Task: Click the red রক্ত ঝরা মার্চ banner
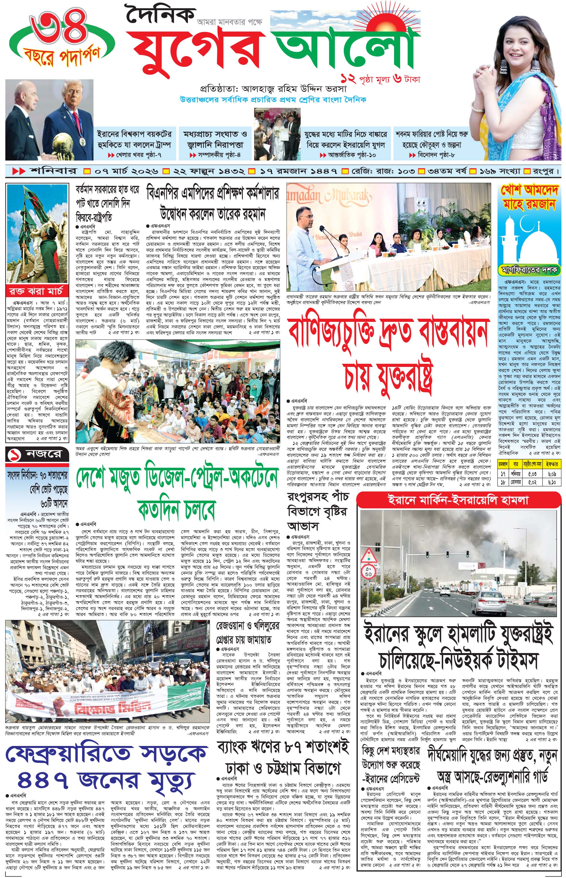pyautogui.click(x=37, y=291)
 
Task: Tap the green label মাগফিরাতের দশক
pyautogui.click(x=529, y=270)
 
